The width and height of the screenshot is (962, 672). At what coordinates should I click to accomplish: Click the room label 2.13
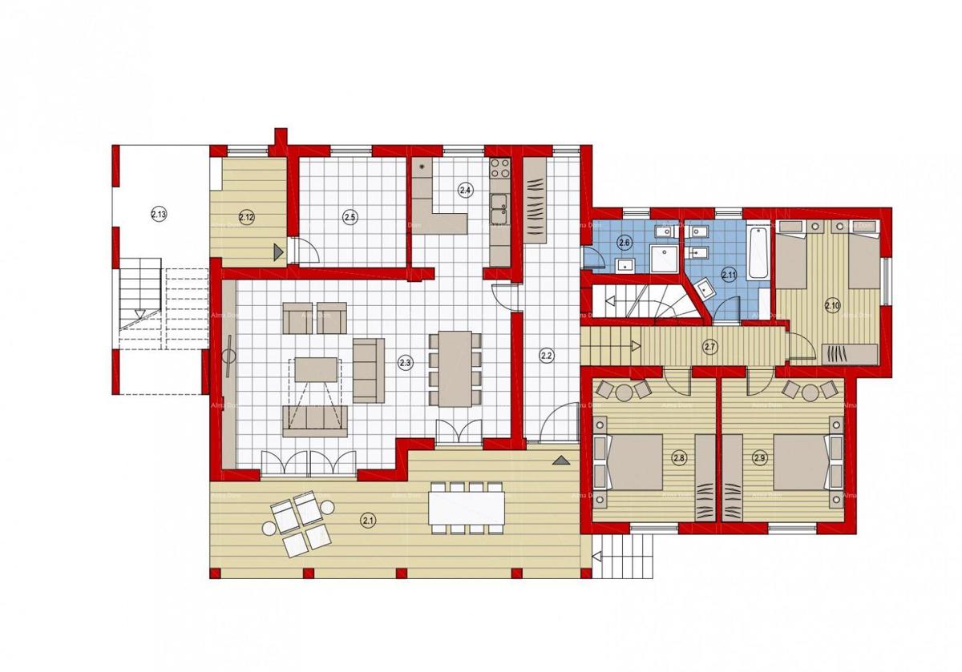pyautogui.click(x=159, y=213)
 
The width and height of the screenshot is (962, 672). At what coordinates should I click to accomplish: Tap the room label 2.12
pyautogui.click(x=246, y=215)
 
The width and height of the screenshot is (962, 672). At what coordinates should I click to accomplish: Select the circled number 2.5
pyautogui.click(x=350, y=215)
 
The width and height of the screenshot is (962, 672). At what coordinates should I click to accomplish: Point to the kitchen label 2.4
pyautogui.click(x=465, y=190)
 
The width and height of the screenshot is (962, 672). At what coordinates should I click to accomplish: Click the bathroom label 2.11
pyautogui.click(x=729, y=274)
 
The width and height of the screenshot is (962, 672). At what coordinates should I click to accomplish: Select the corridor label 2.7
pyautogui.click(x=709, y=347)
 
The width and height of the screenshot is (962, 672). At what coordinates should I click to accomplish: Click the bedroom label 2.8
pyautogui.click(x=679, y=458)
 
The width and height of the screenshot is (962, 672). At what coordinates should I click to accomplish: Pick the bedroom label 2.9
pyautogui.click(x=760, y=458)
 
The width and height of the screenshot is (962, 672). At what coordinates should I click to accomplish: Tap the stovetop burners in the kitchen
pyautogui.click(x=500, y=169)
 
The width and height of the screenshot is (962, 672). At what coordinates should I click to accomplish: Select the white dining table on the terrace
pyautogui.click(x=467, y=507)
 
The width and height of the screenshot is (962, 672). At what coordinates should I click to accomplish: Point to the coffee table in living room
pyautogui.click(x=317, y=369)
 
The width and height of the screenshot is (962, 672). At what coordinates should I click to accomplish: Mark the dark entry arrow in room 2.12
pyautogui.click(x=277, y=252)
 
